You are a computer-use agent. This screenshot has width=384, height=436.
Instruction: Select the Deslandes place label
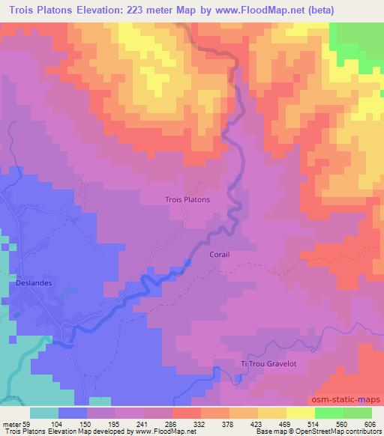coord(32,284)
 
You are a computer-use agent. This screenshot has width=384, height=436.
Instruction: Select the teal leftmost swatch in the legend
coord(44,413)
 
